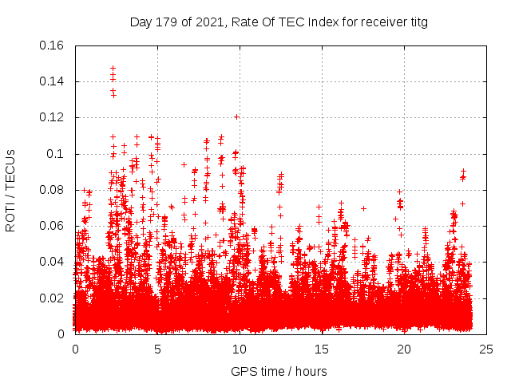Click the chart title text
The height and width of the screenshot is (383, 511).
click(279, 22)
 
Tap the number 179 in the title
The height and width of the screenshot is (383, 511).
click(168, 22)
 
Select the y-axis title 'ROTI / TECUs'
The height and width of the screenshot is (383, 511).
click(11, 190)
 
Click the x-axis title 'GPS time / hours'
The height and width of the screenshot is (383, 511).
click(279, 371)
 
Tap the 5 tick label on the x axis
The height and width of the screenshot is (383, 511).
click(157, 349)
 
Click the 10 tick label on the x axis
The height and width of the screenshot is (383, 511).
click(240, 349)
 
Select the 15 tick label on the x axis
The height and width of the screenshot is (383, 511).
click(322, 349)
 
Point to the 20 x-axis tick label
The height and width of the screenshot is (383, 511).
click(404, 349)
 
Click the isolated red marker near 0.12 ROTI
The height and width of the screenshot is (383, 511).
click(236, 117)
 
